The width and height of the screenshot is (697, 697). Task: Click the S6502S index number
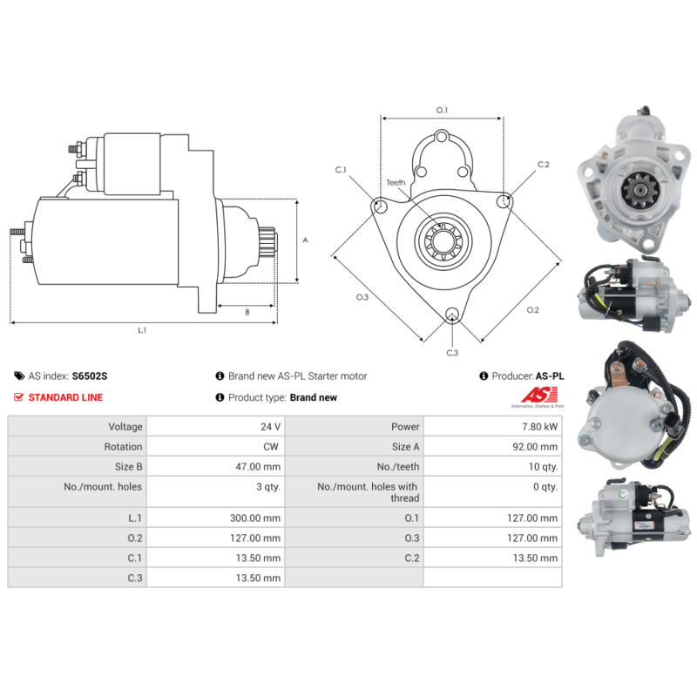(x=90, y=376)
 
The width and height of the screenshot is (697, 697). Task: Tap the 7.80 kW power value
(x=539, y=427)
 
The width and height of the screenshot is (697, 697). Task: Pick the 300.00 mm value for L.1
(x=255, y=518)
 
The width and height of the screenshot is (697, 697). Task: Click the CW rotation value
(x=271, y=447)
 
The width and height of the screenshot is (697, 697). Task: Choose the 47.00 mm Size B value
(x=258, y=467)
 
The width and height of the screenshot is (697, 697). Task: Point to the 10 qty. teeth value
(x=543, y=467)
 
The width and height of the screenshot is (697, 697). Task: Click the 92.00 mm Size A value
(x=535, y=447)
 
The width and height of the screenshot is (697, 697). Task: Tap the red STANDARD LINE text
(x=65, y=397)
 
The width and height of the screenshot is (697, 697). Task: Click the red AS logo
(x=539, y=395)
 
